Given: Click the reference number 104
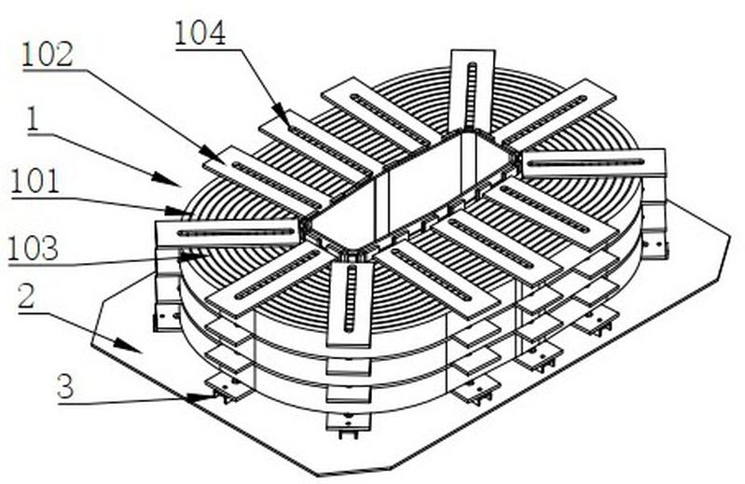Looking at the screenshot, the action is pos(200,35).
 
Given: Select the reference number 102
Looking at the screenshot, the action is pos(48,54).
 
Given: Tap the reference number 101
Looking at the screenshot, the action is pos(35,181).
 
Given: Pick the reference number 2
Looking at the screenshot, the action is pos(28,298).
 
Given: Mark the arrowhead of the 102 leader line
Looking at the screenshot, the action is pos(220,159).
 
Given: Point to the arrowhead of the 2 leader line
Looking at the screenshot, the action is pos(140,352).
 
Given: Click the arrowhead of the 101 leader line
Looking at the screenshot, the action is pos(189,213).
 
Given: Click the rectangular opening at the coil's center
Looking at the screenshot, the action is pos(410,191).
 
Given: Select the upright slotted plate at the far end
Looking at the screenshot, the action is pos(472,89).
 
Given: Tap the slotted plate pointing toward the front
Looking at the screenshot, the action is pos(350,297).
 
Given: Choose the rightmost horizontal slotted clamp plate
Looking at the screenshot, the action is pos(594,162).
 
